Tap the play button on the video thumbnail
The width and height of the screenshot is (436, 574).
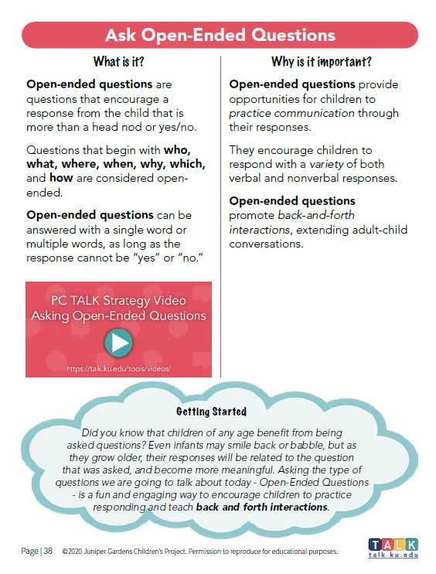pos(118,343)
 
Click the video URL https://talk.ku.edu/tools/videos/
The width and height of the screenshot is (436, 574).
pos(118,368)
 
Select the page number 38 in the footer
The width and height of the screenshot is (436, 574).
pos(47,552)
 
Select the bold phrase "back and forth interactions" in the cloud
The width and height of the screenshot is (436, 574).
pos(262,507)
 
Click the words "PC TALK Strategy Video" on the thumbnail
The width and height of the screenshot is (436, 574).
pos(118,300)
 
